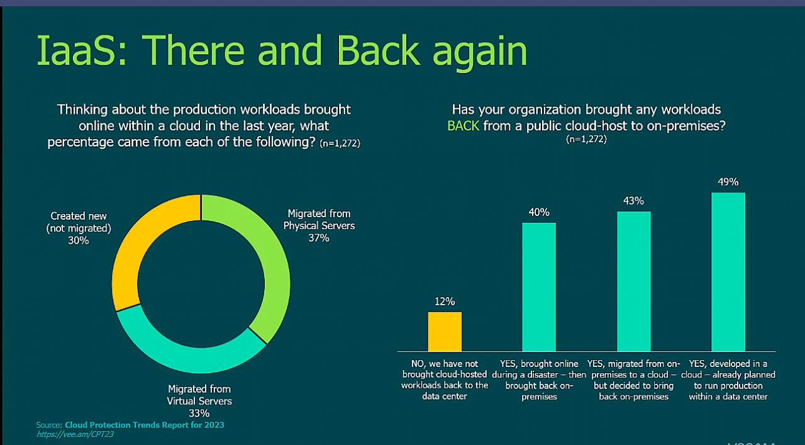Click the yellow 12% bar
point(445,332)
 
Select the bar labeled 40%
point(539,286)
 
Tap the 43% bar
point(633,281)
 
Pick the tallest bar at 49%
point(728,271)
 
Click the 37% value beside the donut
point(319,238)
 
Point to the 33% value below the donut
point(199,413)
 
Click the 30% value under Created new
point(79,240)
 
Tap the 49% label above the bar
point(728,182)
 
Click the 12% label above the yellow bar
point(445,301)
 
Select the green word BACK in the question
point(463,125)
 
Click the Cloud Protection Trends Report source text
point(144,425)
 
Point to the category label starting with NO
point(445,380)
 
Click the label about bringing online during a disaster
point(539,380)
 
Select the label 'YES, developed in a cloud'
point(728,380)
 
